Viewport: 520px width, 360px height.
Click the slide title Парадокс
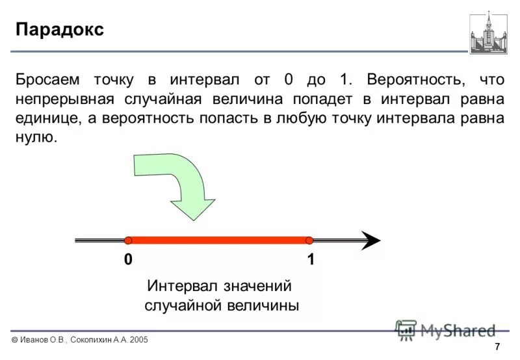59,30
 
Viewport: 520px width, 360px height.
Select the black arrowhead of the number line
370,240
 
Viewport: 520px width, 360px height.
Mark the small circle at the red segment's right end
309,240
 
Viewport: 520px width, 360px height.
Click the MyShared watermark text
458,330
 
